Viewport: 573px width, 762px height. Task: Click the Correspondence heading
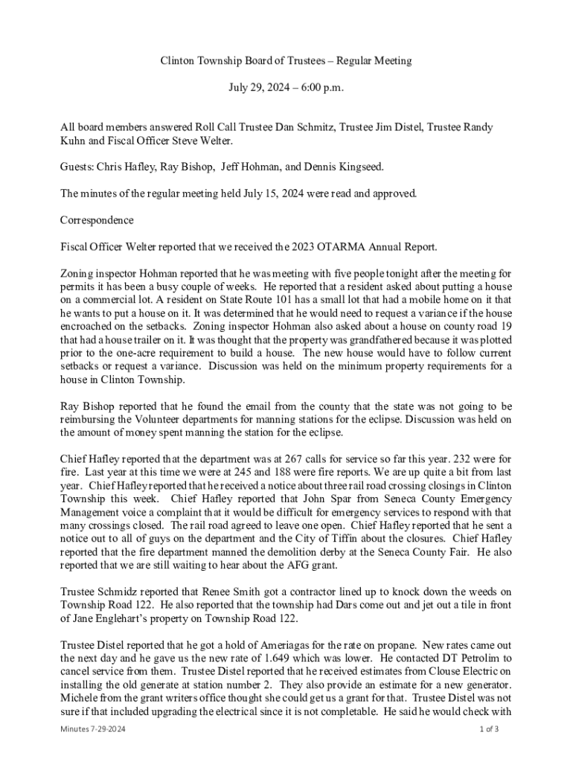tap(97, 220)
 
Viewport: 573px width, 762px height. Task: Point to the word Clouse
tap(434, 672)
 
